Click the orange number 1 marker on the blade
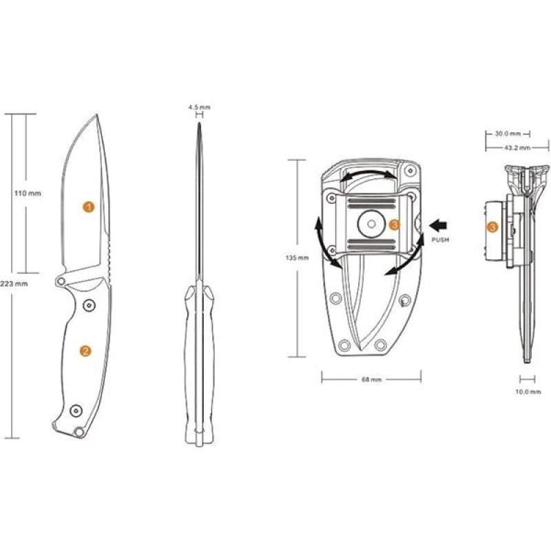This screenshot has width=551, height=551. click(89, 207)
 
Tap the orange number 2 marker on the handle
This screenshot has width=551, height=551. click(85, 351)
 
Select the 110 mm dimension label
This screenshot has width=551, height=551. click(28, 194)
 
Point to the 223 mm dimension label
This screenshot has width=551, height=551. click(14, 284)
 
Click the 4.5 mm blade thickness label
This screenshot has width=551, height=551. click(199, 107)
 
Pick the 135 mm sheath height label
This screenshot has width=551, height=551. click(297, 258)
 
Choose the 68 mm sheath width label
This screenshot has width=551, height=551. click(371, 380)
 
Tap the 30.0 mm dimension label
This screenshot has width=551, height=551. click(508, 134)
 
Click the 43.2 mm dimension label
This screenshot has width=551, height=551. click(517, 147)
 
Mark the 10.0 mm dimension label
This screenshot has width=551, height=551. click(528, 392)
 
